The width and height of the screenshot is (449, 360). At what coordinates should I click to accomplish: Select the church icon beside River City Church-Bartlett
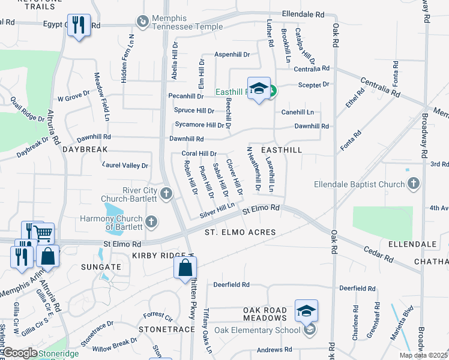tap(166, 193)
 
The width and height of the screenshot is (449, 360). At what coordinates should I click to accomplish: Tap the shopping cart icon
tap(43, 232)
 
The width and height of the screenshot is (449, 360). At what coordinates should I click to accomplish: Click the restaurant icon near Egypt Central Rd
tap(79, 25)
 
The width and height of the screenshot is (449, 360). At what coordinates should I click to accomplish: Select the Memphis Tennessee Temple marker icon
tap(142, 22)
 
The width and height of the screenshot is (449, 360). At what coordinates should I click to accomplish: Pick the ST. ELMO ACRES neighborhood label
tap(240, 232)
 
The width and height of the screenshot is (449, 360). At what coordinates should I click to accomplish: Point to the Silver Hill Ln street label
tap(217, 211)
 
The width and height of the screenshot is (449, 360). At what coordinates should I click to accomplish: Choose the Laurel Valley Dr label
tap(125, 165)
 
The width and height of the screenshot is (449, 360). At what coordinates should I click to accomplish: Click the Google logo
tap(20, 353)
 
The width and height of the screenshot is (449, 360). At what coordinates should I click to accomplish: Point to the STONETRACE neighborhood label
tap(167, 329)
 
